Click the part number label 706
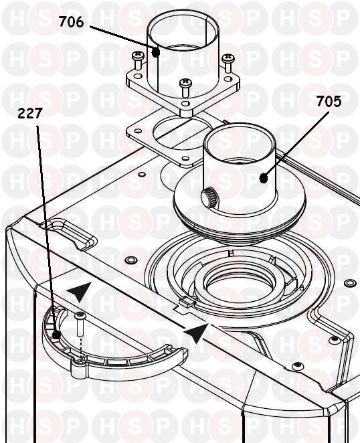coord(71,22)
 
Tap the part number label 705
coord(329,101)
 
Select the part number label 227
coord(30,113)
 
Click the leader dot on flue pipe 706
coord(155,53)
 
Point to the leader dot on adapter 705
coord(264,178)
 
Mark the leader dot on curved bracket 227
coord(56,335)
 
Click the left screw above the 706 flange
coord(138,60)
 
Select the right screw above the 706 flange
coord(228,62)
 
